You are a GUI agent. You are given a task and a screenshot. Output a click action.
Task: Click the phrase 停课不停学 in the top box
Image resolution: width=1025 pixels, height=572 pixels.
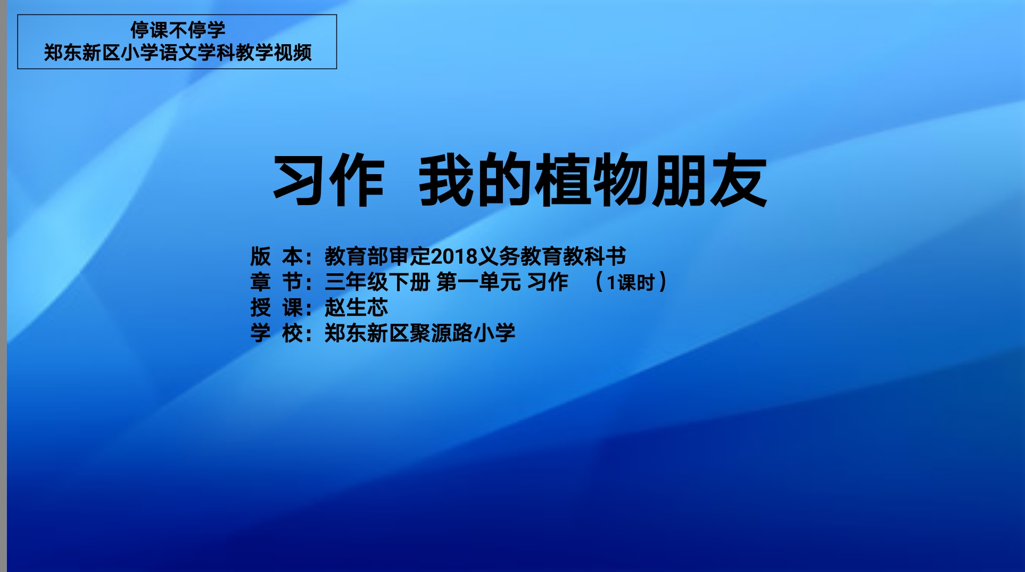(x=178, y=30)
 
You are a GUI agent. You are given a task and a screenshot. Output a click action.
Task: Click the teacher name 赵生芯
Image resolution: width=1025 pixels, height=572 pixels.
(x=357, y=308)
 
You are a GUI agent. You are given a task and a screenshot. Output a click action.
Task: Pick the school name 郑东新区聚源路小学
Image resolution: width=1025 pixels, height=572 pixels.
(x=420, y=333)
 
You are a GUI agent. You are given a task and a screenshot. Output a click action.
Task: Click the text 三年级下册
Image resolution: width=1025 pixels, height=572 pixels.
(x=377, y=282)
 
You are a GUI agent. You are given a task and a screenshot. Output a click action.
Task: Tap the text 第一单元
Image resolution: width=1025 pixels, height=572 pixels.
(x=478, y=282)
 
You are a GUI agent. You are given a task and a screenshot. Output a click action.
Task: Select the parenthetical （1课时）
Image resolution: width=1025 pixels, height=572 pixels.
(x=630, y=282)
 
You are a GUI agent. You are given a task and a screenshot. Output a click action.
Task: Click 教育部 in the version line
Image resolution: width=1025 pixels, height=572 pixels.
(x=357, y=257)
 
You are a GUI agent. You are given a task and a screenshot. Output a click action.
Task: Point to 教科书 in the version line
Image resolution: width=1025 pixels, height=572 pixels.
(x=594, y=257)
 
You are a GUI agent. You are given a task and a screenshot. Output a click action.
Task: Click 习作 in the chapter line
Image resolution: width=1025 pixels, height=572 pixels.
(x=548, y=282)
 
